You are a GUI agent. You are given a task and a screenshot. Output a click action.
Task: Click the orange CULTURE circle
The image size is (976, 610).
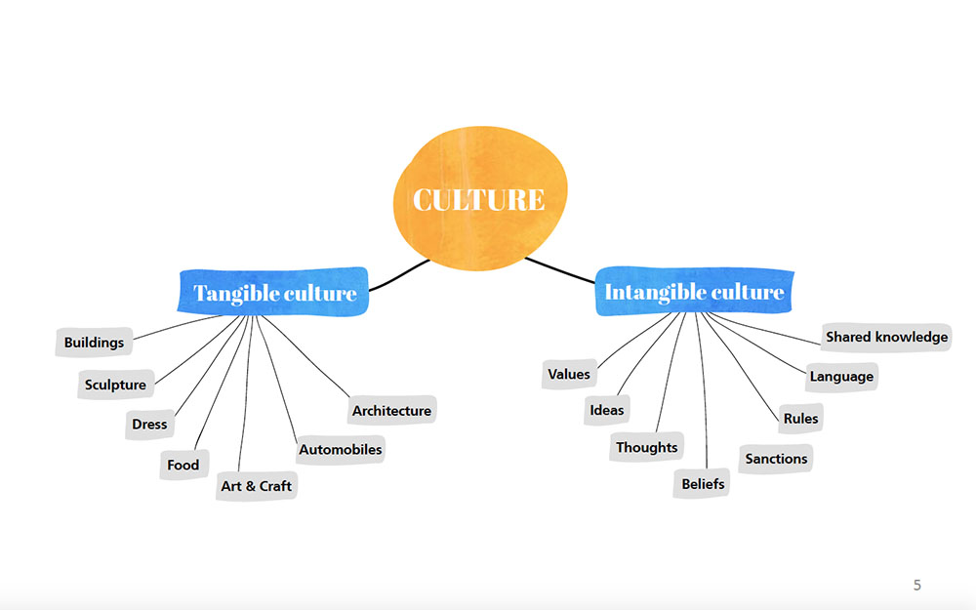tap(480, 198)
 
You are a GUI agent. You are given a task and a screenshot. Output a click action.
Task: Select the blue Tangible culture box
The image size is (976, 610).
tap(273, 292)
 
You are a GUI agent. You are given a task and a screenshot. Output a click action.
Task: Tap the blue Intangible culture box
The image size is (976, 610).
tap(694, 291)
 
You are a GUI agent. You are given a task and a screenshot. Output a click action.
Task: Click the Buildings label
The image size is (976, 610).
tap(94, 343)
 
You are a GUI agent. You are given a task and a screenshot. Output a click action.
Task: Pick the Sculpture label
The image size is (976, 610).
tap(116, 385)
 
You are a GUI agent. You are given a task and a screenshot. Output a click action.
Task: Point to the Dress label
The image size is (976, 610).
tap(149, 425)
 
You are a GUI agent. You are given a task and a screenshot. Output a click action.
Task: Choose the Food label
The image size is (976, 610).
tap(183, 465)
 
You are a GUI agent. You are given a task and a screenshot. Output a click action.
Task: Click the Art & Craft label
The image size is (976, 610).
tap(257, 486)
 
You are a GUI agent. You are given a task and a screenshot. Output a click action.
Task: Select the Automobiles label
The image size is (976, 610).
tap(341, 449)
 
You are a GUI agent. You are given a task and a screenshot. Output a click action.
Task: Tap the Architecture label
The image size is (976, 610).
tap(391, 411)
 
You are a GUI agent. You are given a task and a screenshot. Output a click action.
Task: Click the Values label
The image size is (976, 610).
tap(569, 374)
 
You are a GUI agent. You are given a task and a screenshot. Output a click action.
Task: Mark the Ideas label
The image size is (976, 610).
tap(607, 410)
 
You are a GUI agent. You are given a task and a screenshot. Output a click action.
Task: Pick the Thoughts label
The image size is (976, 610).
tap(647, 447)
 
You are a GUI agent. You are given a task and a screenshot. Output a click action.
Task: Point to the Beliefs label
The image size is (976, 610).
tap(702, 484)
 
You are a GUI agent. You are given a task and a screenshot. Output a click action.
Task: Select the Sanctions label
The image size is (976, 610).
tap(776, 459)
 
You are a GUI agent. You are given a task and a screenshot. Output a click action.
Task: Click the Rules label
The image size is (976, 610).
tap(801, 419)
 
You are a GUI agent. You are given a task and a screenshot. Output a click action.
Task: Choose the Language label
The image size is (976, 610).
tap(841, 377)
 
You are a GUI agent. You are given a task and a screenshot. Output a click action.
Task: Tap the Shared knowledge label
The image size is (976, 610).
tap(886, 338)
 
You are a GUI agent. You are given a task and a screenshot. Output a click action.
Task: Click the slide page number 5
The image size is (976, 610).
tap(916, 585)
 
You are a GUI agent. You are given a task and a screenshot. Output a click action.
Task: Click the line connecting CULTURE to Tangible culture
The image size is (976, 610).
tap(398, 277)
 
